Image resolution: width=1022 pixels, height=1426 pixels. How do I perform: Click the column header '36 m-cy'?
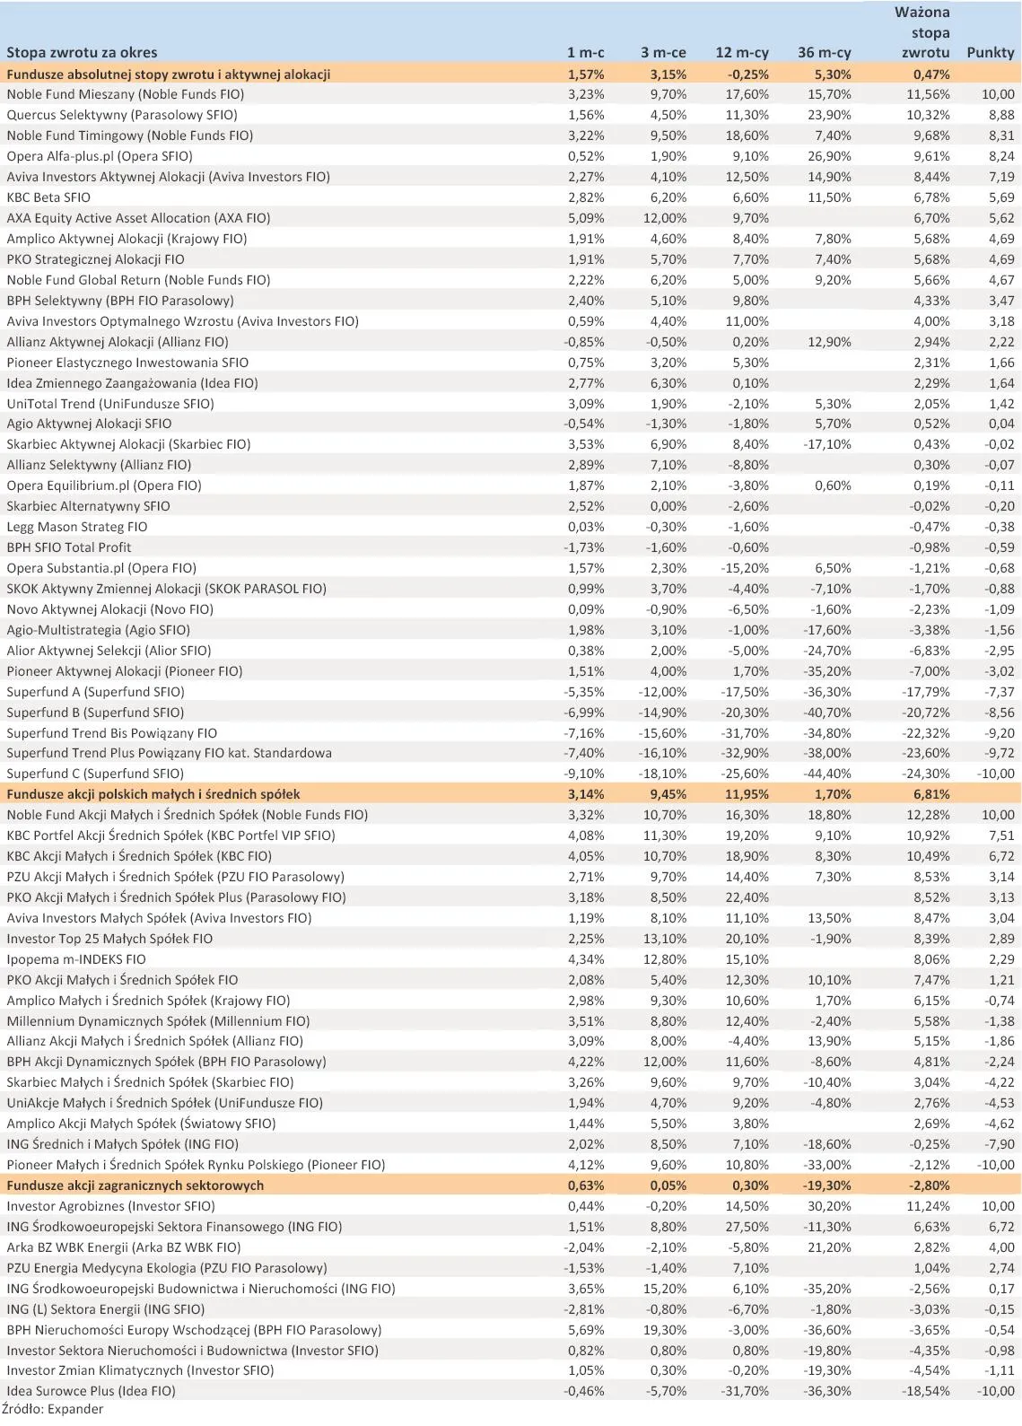[x=824, y=53]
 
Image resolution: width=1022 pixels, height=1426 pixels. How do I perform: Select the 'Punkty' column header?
[x=990, y=53]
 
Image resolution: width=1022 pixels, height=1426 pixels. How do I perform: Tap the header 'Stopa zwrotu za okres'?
[x=82, y=53]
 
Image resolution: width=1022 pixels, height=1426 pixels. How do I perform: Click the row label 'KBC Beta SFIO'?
[x=48, y=197]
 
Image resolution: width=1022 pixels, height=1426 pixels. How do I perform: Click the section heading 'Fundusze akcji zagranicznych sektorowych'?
[x=135, y=1185]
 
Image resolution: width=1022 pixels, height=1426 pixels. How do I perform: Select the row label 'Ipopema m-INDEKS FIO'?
[x=76, y=959]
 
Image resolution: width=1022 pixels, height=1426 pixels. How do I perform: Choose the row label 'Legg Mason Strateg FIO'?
[x=77, y=527]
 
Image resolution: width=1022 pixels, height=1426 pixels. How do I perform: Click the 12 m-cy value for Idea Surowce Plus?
[x=745, y=1391]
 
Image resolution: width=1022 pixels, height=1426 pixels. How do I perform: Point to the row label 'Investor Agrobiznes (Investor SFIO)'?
[x=111, y=1206]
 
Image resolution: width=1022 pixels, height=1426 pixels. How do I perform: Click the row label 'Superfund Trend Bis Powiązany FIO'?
[x=112, y=733]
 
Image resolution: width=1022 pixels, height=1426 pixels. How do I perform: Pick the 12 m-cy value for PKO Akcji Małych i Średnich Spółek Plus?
[x=747, y=897]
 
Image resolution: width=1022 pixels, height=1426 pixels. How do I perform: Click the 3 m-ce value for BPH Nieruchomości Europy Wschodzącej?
[x=664, y=1330]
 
